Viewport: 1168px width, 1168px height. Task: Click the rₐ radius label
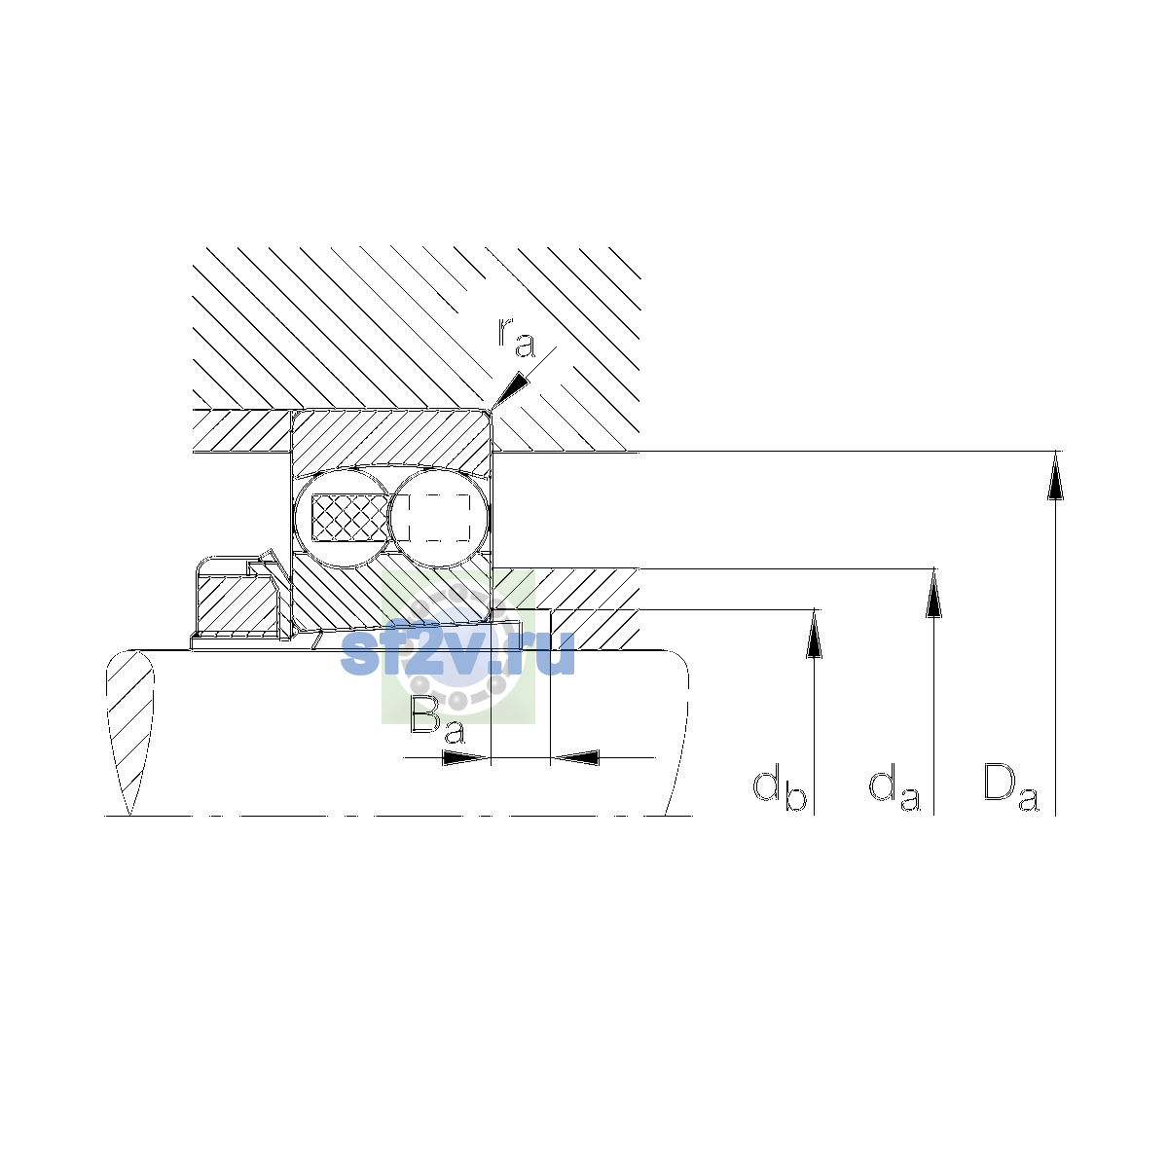517,337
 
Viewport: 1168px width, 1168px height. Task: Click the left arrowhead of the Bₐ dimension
466,757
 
